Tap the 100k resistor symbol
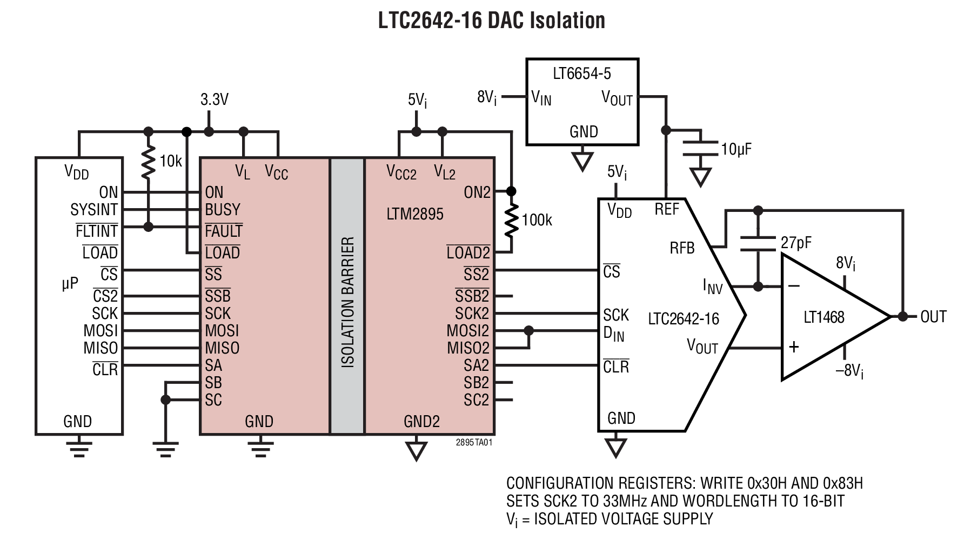coord(512,221)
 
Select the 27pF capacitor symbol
coord(758,243)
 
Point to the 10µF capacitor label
coord(736,149)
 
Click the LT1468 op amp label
coord(823,317)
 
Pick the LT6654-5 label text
coord(582,74)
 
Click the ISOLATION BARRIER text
coord(348,302)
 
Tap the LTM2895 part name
coord(414,214)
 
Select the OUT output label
coord(933,317)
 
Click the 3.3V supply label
coord(215,99)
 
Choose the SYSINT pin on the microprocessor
coord(94,210)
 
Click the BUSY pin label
coord(223,210)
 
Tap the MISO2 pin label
coord(468,348)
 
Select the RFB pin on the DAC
coord(682,248)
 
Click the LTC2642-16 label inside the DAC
coord(684,319)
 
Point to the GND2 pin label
coord(421,421)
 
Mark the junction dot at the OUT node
coord(902,316)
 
